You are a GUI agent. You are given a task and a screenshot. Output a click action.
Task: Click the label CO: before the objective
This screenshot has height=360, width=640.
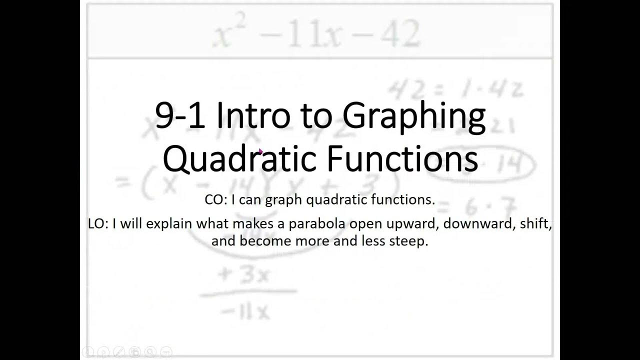pos(216,200)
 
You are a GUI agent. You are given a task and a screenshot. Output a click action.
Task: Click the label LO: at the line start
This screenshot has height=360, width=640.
pos(98,224)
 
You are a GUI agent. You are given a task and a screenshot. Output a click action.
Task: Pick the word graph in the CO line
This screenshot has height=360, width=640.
pos(283,200)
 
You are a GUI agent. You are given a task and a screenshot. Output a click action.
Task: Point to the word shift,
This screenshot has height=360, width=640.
pos(535,224)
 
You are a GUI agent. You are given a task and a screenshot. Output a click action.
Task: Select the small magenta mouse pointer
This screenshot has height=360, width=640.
pos(261,150)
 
